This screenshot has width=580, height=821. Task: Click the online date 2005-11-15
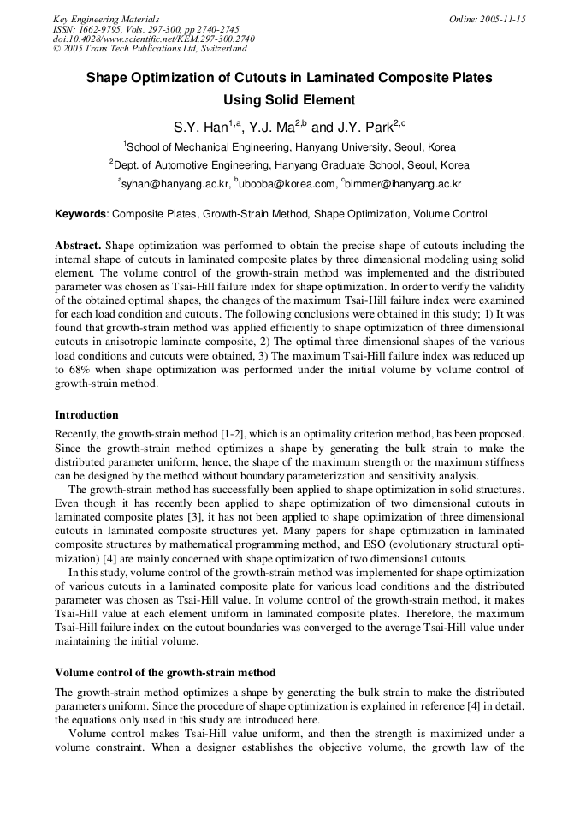point(504,18)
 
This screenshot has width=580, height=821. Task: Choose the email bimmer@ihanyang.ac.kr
point(404,183)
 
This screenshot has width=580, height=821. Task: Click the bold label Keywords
point(81,214)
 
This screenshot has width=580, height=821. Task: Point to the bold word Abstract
point(78,246)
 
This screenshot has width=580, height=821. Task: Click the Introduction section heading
point(86,415)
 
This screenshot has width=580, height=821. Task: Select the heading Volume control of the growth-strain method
point(165,672)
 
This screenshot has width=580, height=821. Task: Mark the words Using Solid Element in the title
point(289,100)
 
